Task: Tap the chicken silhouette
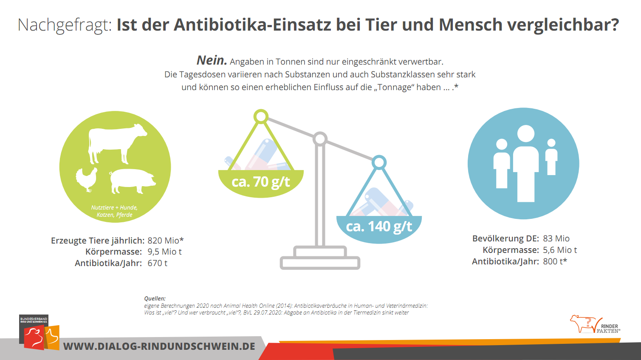coord(86,179)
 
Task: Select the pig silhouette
coord(132,181)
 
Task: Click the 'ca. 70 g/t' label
coord(260,182)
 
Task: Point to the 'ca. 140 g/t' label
coord(379,227)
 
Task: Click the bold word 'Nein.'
coord(212,61)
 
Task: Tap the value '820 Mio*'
coord(165,241)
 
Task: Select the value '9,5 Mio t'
coord(164,252)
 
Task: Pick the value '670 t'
coord(157,263)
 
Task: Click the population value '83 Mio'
coord(556,238)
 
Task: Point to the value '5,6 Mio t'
coord(560,250)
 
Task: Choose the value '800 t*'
coord(555,261)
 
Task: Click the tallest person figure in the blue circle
coord(526,164)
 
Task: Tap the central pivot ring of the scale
coord(320,139)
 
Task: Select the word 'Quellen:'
coord(155,298)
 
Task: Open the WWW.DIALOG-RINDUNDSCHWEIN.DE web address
coord(159,346)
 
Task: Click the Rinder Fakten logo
coord(595,325)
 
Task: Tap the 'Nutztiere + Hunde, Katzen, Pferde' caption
coord(114,211)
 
